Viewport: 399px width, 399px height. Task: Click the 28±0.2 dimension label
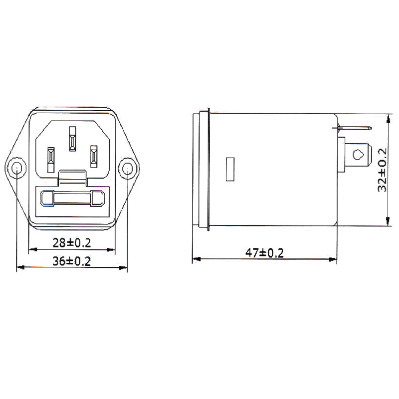(x=72, y=243)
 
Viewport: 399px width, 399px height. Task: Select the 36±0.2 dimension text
(x=72, y=261)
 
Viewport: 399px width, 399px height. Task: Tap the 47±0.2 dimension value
(x=264, y=253)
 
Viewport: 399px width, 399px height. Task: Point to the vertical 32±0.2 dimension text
(x=383, y=170)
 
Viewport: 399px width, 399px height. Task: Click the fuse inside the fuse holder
(x=72, y=199)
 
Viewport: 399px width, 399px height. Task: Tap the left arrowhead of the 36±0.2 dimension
(x=20, y=268)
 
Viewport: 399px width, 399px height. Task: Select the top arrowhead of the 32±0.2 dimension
(x=388, y=117)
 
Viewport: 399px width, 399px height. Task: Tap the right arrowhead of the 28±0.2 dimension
(x=112, y=250)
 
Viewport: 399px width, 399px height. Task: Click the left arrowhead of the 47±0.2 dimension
(x=196, y=259)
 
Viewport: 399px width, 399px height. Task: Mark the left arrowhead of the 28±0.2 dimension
(x=32, y=250)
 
